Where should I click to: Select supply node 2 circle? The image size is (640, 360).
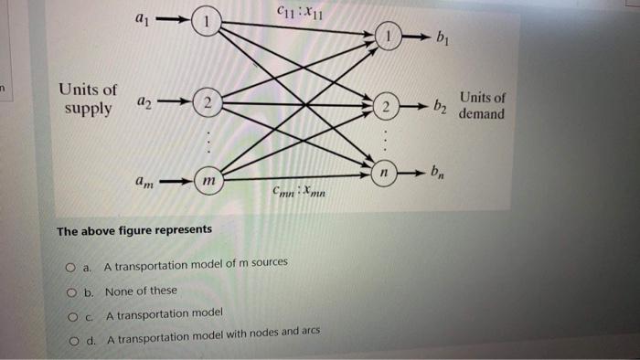point(208,105)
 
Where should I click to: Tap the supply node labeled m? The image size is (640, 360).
point(209,183)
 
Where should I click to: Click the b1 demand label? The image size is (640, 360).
point(443,39)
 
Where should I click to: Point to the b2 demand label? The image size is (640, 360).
point(441,109)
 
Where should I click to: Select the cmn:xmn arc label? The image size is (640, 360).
point(295,193)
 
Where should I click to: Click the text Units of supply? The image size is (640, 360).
point(88,100)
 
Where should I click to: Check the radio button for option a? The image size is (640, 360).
point(70,267)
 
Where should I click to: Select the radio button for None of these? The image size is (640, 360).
point(70,291)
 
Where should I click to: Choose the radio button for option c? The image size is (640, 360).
point(70,316)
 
